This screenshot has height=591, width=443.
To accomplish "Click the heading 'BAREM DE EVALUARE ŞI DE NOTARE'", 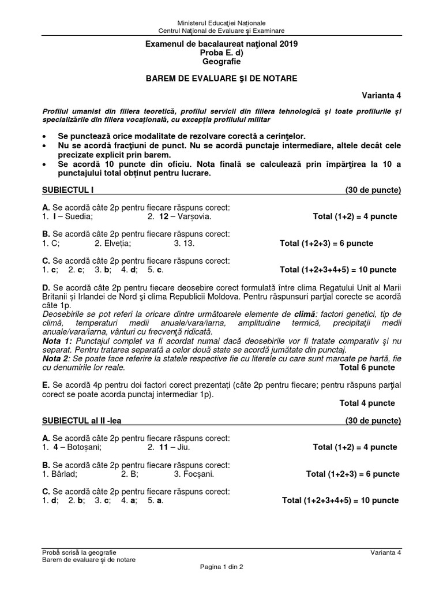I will [x=221, y=78].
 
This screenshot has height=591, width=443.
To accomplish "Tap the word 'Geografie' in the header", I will [x=221, y=62].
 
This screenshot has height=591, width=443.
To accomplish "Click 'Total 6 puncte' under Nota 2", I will [x=367, y=367].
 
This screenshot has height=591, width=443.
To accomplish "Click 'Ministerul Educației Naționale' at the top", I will [x=221, y=23].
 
